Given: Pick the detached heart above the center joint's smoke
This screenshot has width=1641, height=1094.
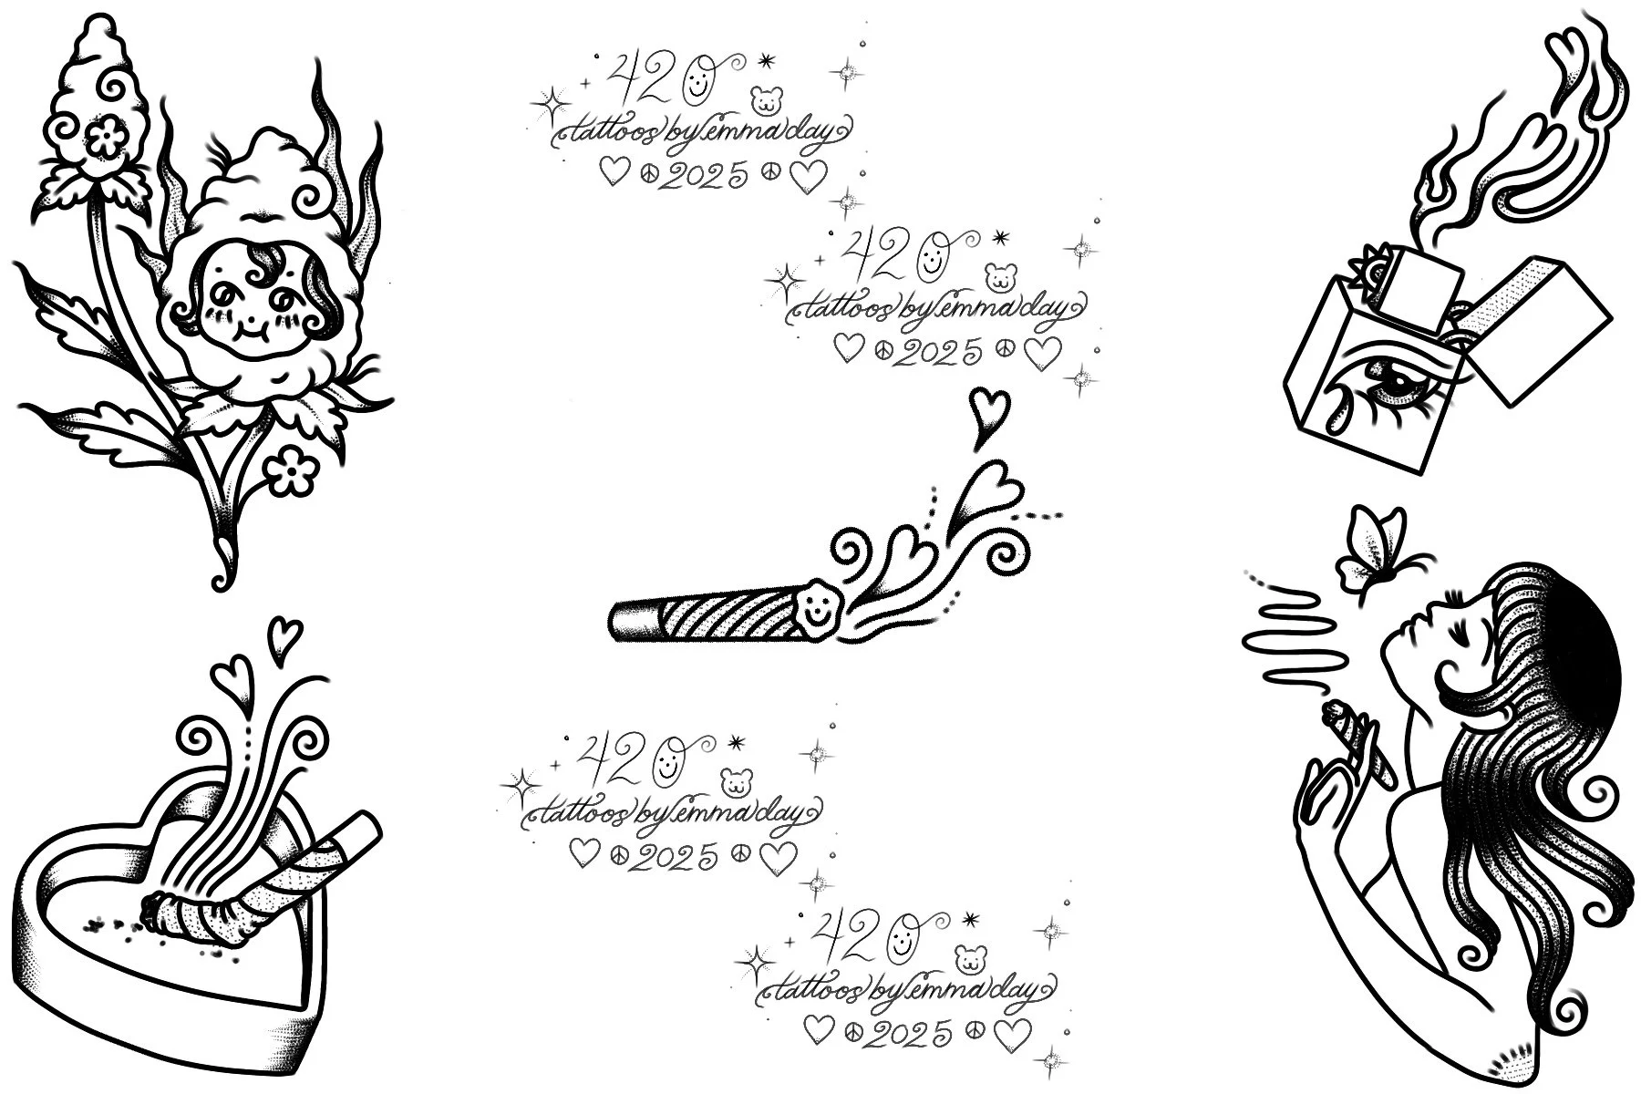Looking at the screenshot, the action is pos(983,415).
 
